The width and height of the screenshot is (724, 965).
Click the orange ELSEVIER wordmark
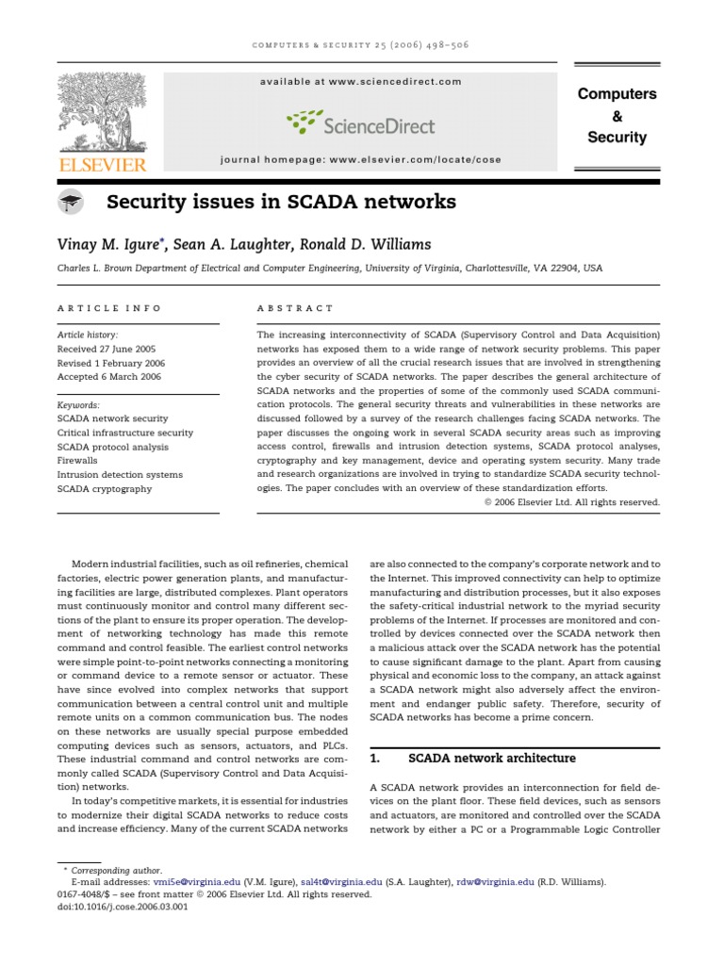click(x=102, y=166)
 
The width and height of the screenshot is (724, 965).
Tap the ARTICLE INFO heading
click(x=109, y=308)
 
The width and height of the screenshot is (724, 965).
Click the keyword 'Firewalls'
click(x=77, y=461)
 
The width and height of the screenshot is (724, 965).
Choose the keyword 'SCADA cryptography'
click(x=105, y=489)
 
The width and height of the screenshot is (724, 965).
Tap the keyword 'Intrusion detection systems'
click(x=120, y=475)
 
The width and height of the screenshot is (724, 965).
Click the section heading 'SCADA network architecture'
click(x=490, y=758)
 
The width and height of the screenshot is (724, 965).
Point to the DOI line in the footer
click(x=123, y=908)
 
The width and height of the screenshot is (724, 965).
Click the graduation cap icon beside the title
click(x=71, y=202)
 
